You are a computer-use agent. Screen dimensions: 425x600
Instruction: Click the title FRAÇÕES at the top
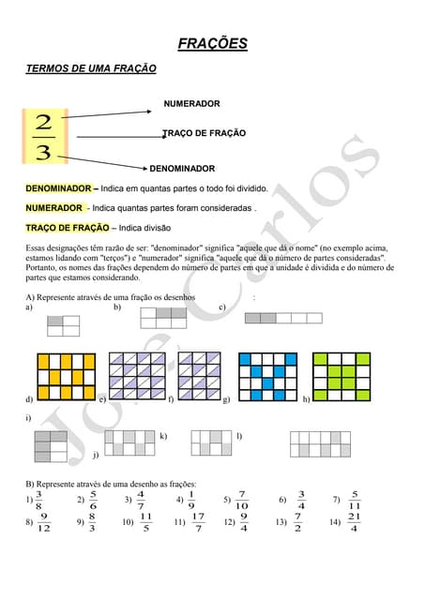tap(213, 43)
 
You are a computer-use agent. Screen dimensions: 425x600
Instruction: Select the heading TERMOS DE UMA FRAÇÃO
tap(90, 68)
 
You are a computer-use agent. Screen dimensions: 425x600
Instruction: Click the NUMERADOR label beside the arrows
tap(191, 103)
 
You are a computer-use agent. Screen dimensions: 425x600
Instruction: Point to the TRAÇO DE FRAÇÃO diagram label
tap(205, 134)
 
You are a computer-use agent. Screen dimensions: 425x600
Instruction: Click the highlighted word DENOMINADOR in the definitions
tap(58, 188)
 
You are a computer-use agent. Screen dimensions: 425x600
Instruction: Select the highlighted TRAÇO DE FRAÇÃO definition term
tap(68, 228)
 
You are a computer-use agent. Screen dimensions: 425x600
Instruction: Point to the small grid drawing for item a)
tap(64, 325)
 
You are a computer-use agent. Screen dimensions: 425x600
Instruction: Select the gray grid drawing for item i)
tap(51, 446)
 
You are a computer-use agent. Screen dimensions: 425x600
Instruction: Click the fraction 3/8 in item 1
tap(38, 500)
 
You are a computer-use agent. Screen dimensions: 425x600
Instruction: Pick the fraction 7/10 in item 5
tap(242, 500)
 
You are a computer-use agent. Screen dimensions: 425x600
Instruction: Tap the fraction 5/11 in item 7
tap(354, 500)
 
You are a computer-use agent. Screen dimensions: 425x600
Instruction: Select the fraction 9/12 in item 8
tap(44, 521)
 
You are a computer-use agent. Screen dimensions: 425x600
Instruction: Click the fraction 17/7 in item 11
tap(198, 521)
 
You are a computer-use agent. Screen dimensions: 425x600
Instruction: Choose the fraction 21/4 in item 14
tap(354, 521)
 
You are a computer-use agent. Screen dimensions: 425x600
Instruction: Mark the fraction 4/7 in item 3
tap(140, 500)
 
